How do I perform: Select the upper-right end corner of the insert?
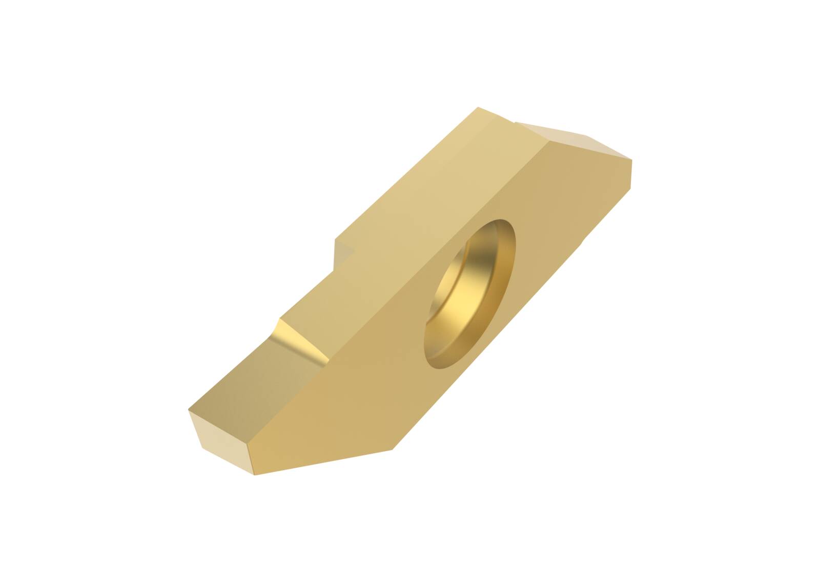(x=631, y=160)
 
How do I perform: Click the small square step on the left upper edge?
(x=343, y=254)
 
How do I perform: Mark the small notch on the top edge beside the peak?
(x=514, y=123)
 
